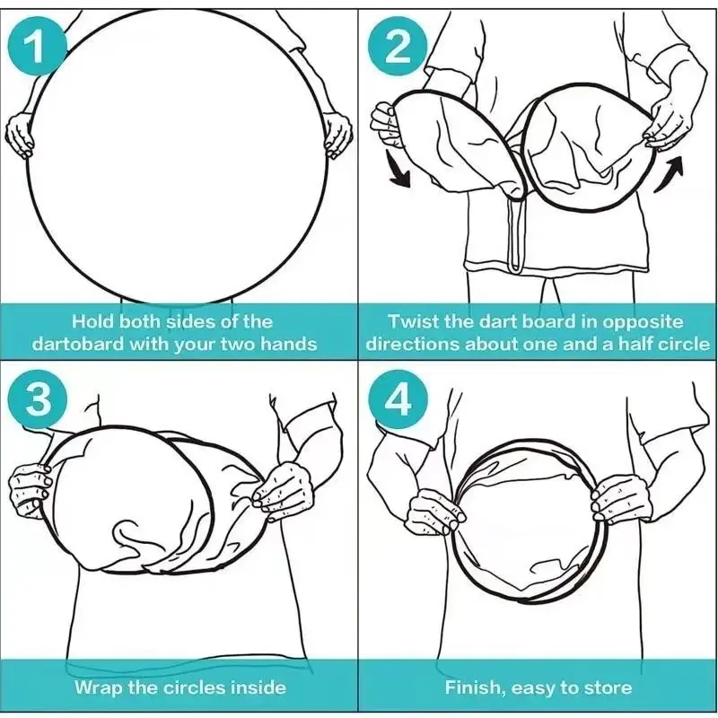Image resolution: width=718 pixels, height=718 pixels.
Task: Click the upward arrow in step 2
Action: point(670,174)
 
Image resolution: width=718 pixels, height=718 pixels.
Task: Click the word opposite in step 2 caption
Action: point(642,322)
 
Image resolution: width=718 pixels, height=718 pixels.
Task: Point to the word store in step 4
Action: point(608,687)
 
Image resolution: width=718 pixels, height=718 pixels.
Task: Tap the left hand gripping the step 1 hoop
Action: point(20,134)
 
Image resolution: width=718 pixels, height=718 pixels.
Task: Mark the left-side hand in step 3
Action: point(31,490)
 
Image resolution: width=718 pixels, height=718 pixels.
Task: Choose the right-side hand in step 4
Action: point(618,498)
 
